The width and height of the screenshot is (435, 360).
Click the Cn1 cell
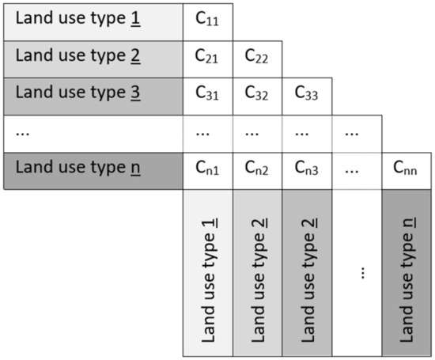coord(208,169)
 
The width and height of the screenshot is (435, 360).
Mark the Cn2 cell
coord(258,169)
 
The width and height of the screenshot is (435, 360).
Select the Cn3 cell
coord(308,169)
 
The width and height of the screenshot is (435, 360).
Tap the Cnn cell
coord(407,169)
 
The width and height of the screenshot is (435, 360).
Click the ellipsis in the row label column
coord(24,133)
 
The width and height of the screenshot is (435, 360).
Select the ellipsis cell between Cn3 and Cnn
coord(357,169)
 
